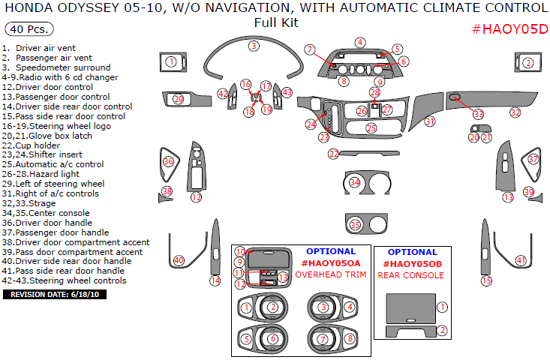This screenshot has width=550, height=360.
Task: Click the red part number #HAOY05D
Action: pos(509,29)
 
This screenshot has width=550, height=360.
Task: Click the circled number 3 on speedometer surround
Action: pos(254,46)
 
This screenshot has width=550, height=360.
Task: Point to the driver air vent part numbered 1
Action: pos(171,62)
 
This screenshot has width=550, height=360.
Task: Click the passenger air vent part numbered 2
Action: pos(528,63)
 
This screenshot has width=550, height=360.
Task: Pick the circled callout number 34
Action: pos(355,183)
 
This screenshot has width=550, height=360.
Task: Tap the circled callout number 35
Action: pos(355,225)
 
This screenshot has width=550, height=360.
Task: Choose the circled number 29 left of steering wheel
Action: pos(178,99)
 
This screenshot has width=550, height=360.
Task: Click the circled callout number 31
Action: pos(429,121)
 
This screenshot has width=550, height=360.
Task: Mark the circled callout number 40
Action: pos(179,260)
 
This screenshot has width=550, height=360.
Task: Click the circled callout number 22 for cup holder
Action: pos(333,154)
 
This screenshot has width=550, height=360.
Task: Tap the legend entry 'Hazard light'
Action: pos(51,174)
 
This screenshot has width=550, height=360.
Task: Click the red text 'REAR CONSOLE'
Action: pos(410,275)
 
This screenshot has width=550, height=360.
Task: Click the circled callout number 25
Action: pos(371,128)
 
